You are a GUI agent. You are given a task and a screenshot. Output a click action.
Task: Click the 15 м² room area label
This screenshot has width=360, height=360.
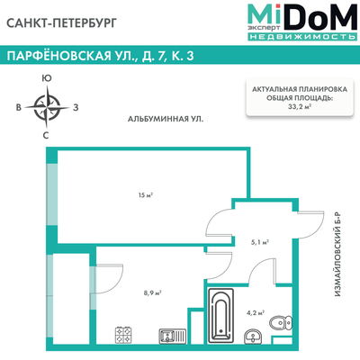tap(146, 195)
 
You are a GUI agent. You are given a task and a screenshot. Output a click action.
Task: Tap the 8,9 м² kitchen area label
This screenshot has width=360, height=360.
tap(153, 292)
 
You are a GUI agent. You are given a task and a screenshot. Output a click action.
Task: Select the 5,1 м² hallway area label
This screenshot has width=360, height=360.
tap(259, 242)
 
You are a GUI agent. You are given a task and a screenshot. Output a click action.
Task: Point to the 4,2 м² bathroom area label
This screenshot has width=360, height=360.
tap(256, 313)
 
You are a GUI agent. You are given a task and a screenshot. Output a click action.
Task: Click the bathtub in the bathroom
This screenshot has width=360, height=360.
tap(220, 315)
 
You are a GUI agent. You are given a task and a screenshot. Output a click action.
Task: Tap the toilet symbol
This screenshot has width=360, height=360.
tap(281, 323)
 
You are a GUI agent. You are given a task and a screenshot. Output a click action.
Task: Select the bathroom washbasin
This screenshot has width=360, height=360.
tap(254, 336)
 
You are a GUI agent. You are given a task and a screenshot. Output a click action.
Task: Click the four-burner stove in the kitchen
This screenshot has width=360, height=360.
tap(124, 335)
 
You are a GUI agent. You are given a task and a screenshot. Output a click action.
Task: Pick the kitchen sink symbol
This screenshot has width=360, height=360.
tap(172, 336)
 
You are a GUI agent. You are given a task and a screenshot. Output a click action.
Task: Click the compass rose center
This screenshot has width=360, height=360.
tap(47, 107)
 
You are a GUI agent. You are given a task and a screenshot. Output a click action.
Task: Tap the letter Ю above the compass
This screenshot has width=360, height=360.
tap(47, 78)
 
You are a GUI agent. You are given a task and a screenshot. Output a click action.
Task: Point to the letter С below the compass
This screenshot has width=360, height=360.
tap(46, 136)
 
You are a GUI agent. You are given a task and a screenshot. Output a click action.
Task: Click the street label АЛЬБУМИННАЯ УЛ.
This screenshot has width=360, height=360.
tap(166, 119)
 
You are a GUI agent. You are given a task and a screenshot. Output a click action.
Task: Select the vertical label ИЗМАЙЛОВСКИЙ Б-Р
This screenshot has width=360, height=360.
tap(338, 255)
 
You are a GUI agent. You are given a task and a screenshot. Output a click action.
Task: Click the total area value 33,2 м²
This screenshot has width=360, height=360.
tap(299, 106)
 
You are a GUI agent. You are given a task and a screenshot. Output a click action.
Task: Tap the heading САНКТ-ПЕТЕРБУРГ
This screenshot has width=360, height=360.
tap(61, 23)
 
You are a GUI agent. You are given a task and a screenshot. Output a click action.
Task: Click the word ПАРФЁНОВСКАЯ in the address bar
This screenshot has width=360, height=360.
tap(58, 56)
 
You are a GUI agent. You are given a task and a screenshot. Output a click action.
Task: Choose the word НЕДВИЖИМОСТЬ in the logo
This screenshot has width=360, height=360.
tap(302, 37)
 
